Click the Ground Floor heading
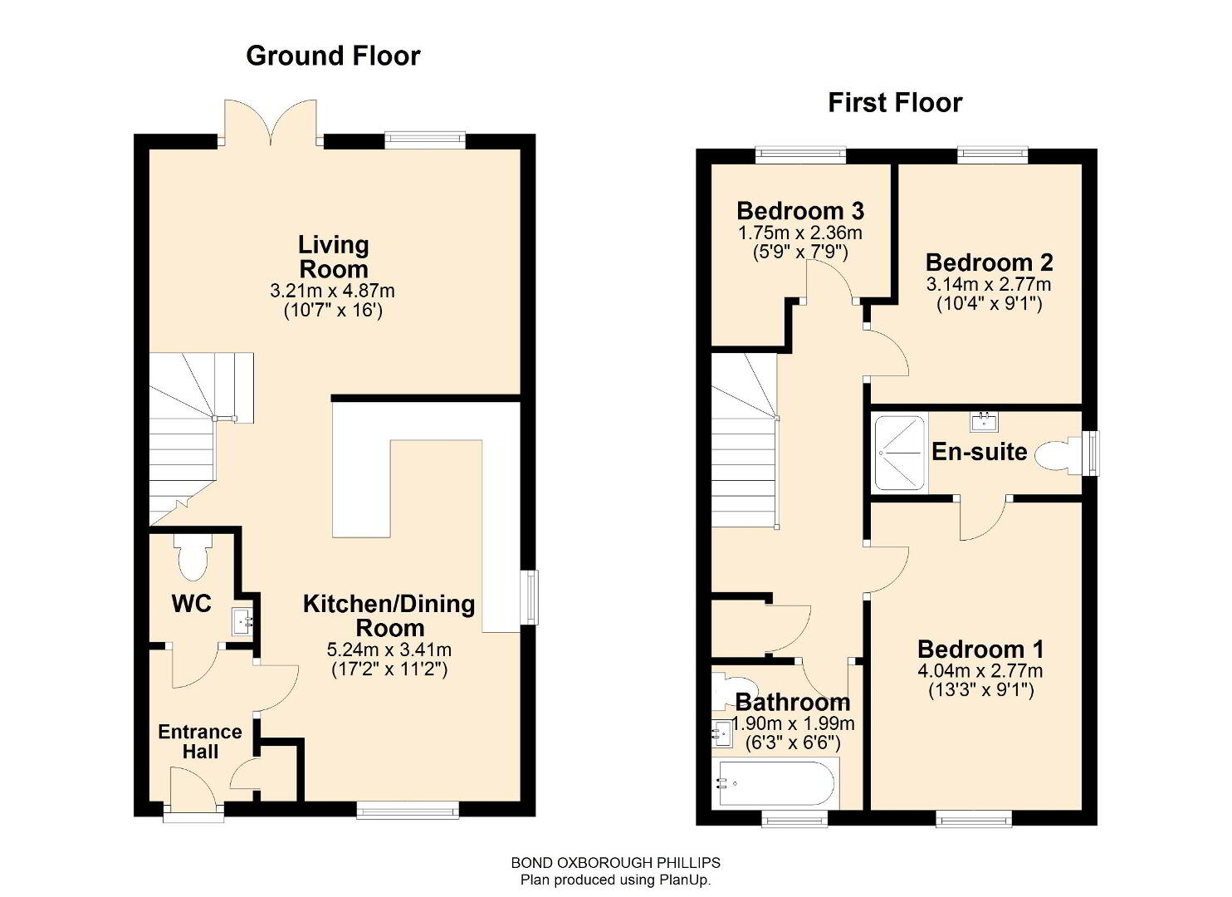point(333,56)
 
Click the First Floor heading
point(896,103)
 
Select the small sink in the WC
point(242,622)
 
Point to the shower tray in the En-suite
point(900,453)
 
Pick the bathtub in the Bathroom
point(775,784)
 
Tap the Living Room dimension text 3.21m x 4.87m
point(332,291)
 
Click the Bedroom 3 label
point(800,211)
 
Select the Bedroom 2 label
point(990,262)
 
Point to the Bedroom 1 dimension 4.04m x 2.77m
point(980,671)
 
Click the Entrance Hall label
point(200,741)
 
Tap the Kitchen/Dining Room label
point(389,615)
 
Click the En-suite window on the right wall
point(1093,453)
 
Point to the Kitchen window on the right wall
point(529,598)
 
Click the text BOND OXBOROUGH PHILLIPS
point(616,862)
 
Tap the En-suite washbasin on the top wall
point(984,422)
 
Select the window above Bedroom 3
point(800,155)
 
